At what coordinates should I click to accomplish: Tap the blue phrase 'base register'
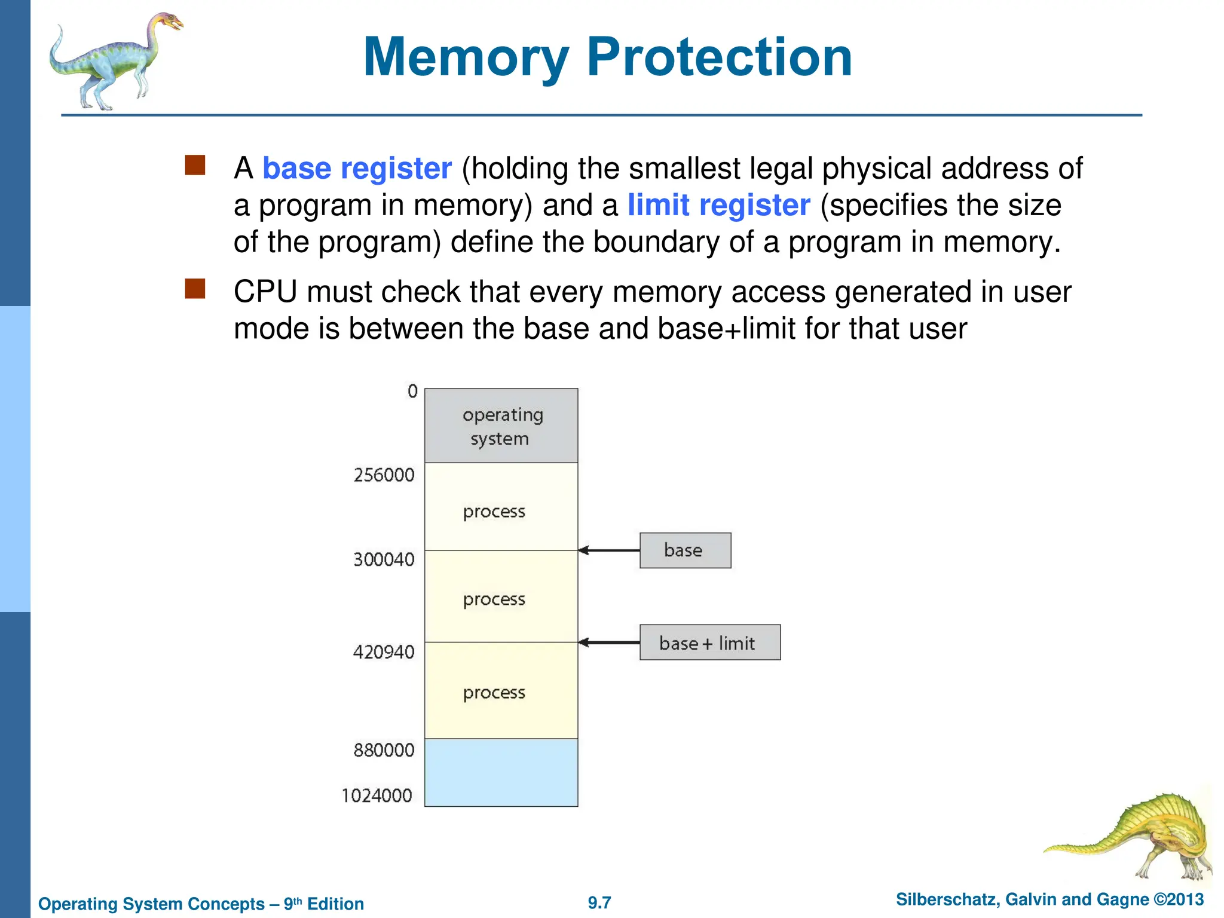(x=357, y=169)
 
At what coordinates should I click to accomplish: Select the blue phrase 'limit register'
(x=718, y=206)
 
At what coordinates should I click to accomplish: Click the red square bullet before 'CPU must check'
(x=195, y=289)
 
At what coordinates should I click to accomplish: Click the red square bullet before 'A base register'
(x=195, y=166)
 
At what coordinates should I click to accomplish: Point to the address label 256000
(x=384, y=475)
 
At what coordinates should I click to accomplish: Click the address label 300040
(x=384, y=559)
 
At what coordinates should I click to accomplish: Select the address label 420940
(x=384, y=651)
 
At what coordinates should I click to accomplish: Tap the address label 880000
(x=384, y=750)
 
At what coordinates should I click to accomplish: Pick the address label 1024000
(x=377, y=795)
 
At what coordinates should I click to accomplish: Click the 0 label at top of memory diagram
(x=412, y=391)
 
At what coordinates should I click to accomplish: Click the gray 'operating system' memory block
(x=501, y=426)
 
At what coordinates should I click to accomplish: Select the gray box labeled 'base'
(x=685, y=550)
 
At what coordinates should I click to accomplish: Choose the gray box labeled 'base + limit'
(x=709, y=642)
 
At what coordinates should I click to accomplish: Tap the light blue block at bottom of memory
(x=501, y=772)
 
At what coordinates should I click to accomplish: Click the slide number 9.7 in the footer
(x=599, y=902)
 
